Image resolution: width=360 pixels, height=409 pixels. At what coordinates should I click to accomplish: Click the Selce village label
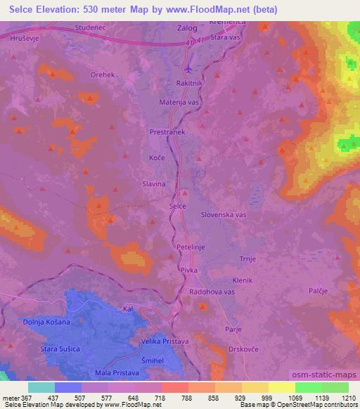178,206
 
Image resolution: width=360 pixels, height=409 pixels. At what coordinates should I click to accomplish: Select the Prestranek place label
167,131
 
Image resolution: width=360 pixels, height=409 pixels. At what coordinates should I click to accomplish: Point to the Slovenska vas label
223,214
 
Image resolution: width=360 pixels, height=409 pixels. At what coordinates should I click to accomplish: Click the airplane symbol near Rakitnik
188,69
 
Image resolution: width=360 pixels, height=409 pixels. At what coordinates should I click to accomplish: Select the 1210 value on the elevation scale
348,397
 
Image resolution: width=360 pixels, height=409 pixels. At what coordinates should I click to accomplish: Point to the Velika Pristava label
166,341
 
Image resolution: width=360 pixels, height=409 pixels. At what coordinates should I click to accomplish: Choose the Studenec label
89,28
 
